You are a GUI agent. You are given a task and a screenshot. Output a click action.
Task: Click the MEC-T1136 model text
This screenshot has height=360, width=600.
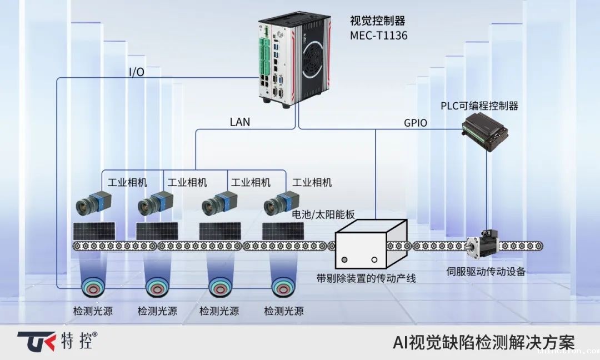click(378, 36)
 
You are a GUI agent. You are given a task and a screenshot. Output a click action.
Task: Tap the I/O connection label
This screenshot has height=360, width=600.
click(137, 72)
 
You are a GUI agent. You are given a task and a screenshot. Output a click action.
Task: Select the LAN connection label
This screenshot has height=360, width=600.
click(240, 122)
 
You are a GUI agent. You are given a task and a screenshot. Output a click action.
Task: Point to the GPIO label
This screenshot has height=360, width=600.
click(416, 123)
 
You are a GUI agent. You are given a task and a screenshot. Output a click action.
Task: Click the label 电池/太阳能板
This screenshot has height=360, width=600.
click(323, 214)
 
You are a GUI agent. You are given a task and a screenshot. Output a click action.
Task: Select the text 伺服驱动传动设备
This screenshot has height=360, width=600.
click(486, 272)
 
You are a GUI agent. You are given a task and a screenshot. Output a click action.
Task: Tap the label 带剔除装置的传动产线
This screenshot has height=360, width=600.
click(366, 278)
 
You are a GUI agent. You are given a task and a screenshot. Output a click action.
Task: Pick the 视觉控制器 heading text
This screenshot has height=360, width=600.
click(377, 21)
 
